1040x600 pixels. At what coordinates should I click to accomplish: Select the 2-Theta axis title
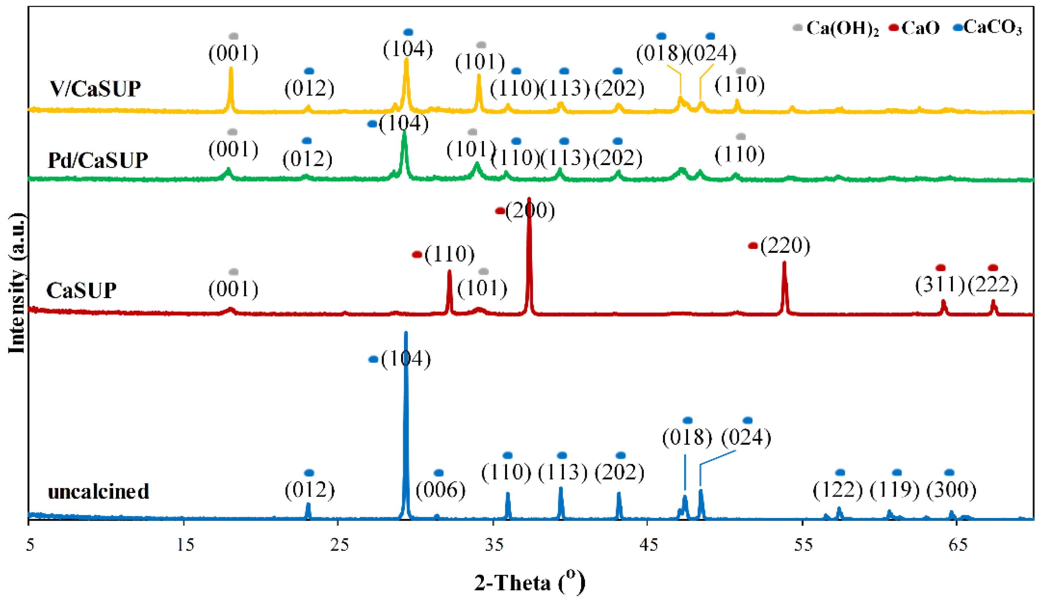click(x=529, y=582)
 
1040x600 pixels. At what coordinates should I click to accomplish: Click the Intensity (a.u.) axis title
click(x=17, y=284)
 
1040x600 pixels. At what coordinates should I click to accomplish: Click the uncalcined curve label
click(x=98, y=491)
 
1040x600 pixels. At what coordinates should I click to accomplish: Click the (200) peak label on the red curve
click(x=530, y=211)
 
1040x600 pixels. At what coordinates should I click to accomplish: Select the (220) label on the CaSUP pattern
click(x=785, y=246)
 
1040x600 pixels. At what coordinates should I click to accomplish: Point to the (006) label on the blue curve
click(x=440, y=490)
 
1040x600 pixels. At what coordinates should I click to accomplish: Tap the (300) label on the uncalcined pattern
click(x=951, y=490)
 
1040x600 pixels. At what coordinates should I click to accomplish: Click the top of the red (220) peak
click(x=785, y=262)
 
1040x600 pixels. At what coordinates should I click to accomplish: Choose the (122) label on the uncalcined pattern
click(x=838, y=490)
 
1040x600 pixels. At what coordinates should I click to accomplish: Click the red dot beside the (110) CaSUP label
click(x=417, y=255)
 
